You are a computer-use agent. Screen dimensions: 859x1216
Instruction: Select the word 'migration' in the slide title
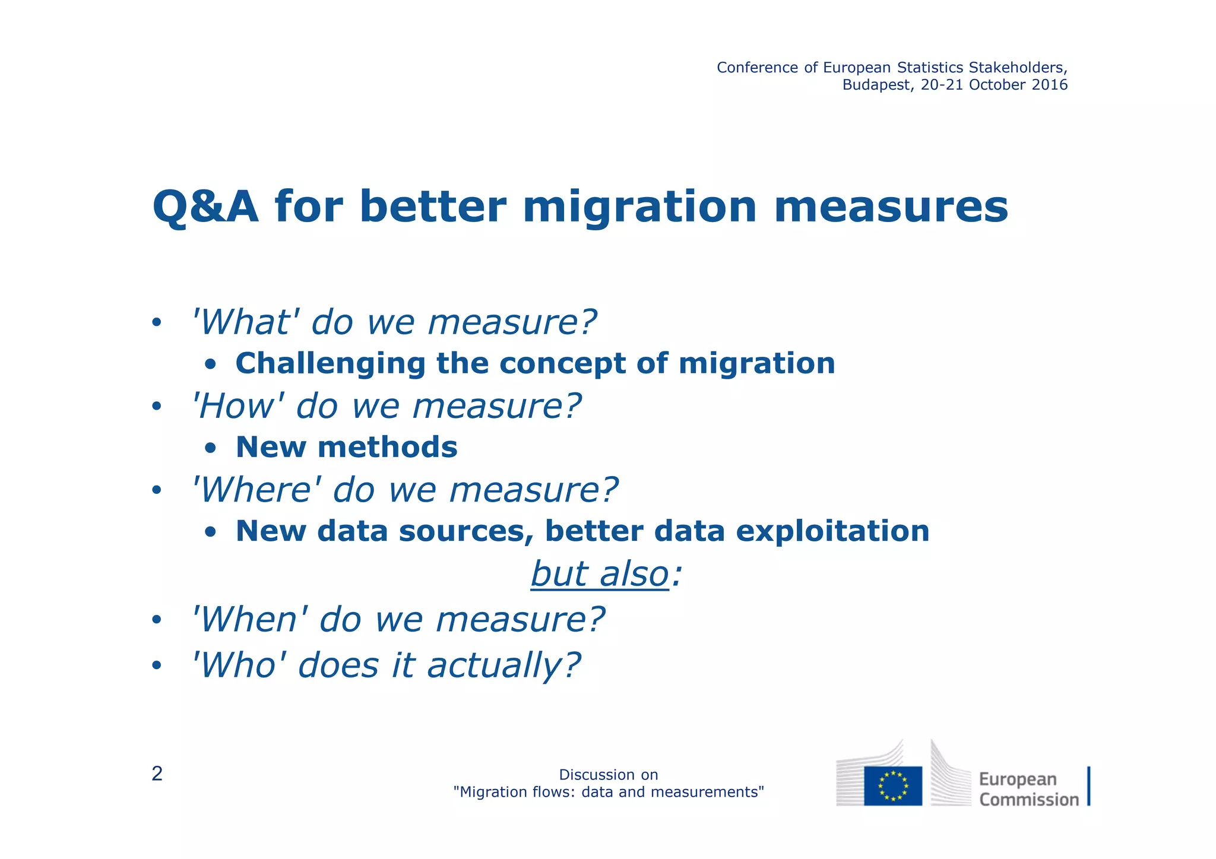pyautogui.click(x=639, y=208)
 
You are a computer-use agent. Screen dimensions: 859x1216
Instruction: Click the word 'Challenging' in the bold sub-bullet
pyautogui.click(x=330, y=363)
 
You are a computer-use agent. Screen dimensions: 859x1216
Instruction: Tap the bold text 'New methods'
pyautogui.click(x=346, y=447)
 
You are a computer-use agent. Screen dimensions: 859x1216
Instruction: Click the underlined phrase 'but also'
pyautogui.click(x=600, y=574)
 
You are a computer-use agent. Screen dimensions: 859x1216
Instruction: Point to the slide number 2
pyautogui.click(x=157, y=774)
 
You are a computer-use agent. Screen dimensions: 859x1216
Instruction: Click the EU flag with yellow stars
pyautogui.click(x=892, y=785)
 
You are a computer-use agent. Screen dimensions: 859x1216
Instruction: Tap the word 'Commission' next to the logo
pyautogui.click(x=1028, y=800)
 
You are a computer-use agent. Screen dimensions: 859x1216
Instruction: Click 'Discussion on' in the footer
pyautogui.click(x=608, y=775)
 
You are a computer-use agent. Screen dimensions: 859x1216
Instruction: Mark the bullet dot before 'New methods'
pyautogui.click(x=211, y=448)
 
